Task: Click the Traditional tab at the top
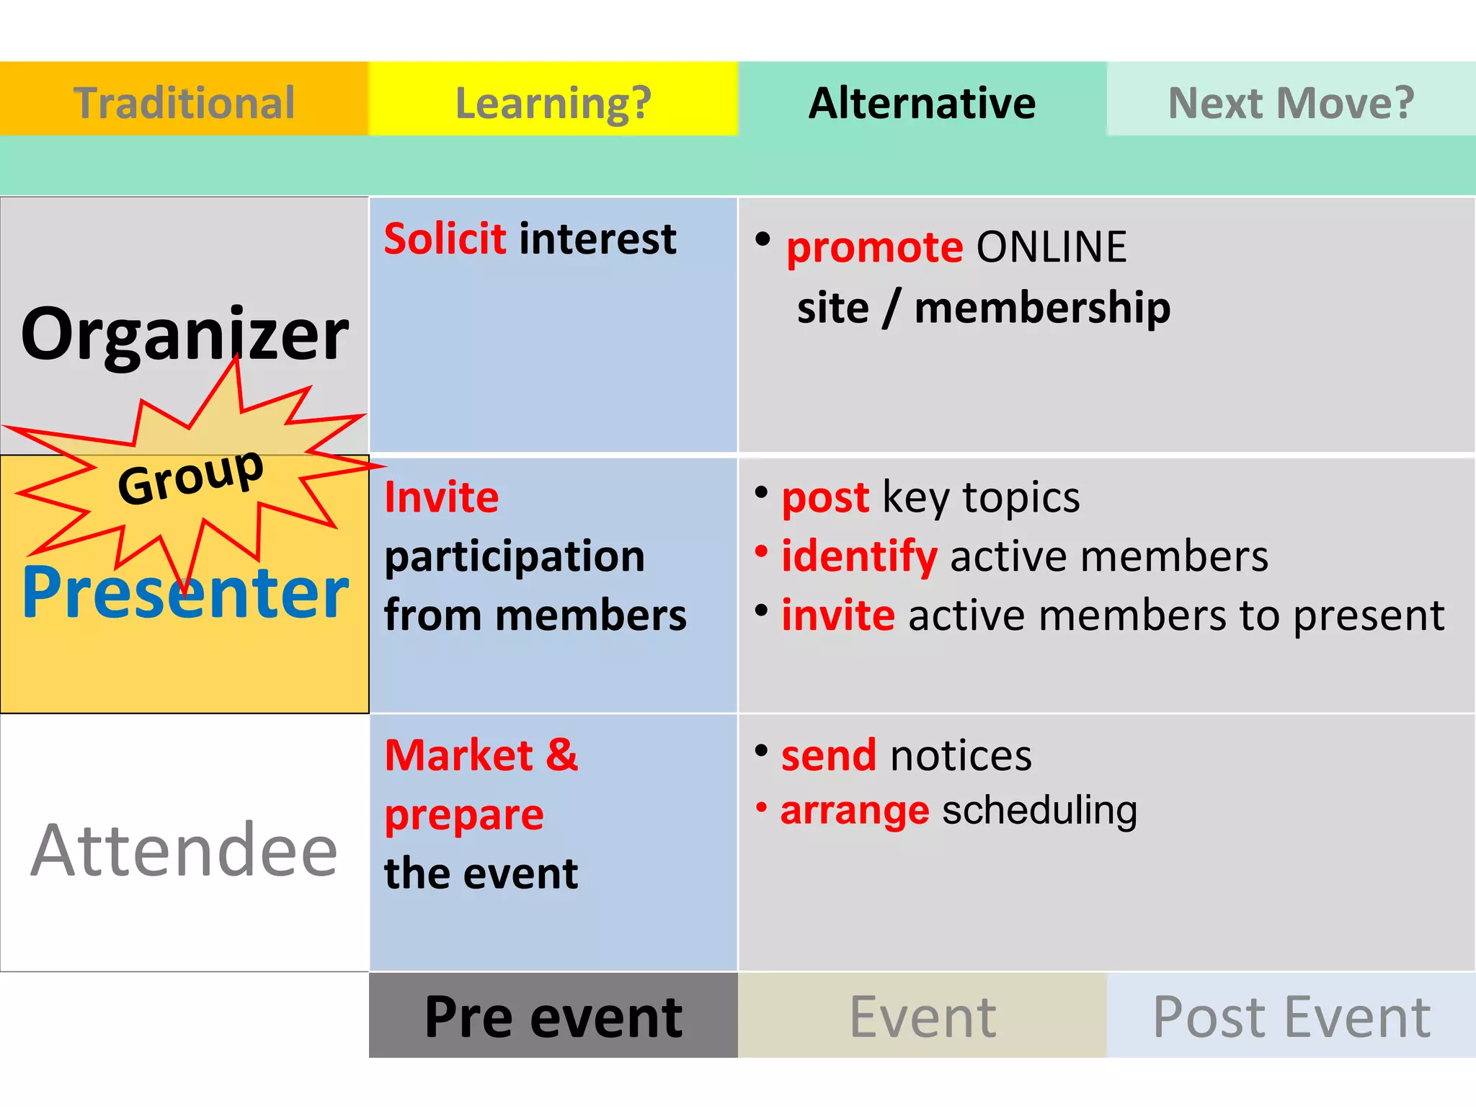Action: (184, 102)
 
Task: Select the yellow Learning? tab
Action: (553, 102)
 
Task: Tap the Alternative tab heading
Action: (922, 102)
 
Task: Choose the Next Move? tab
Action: (1291, 102)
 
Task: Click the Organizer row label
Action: (184, 334)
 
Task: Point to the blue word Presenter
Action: (185, 592)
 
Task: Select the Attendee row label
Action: (184, 851)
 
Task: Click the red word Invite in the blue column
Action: (441, 497)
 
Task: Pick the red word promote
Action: (874, 248)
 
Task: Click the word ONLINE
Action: (1051, 247)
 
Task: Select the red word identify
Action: (859, 556)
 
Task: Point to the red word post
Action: (825, 497)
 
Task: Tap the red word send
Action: (829, 756)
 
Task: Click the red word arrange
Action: (855, 812)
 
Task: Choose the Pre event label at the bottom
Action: (553, 1017)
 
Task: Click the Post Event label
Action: (1291, 1017)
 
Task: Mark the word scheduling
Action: (1039, 810)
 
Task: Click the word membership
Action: (1042, 308)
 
